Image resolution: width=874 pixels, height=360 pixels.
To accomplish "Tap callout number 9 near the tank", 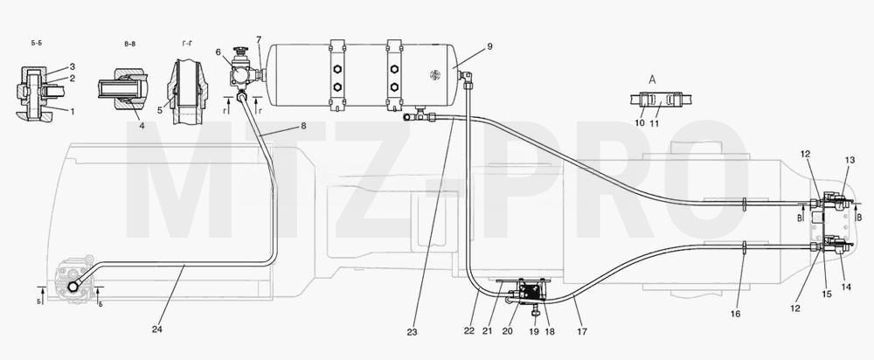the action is click(x=489, y=47).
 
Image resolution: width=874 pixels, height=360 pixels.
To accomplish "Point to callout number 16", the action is click(x=735, y=315).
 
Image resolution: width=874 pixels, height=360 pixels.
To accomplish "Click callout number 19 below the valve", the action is click(x=534, y=331).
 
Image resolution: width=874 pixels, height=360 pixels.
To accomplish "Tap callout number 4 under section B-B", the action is click(x=142, y=126).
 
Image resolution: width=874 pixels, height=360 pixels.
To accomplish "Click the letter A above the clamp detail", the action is click(x=652, y=80).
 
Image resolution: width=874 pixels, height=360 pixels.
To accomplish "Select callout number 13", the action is click(x=850, y=161).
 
